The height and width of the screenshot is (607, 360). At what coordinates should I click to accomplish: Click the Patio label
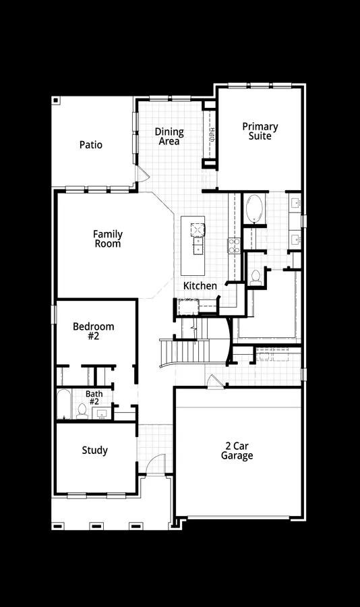[91, 144]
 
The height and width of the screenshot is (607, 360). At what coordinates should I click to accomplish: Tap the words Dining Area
[169, 136]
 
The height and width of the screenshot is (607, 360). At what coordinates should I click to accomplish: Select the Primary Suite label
[260, 131]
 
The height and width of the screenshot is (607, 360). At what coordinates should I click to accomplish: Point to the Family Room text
[108, 239]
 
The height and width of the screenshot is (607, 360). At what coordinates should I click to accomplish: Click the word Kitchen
[201, 286]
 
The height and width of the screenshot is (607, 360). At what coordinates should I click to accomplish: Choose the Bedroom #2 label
[94, 330]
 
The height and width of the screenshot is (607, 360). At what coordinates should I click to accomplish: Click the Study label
[94, 451]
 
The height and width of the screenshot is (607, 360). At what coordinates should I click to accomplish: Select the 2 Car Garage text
[237, 451]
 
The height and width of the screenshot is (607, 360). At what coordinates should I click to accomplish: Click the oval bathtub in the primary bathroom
[254, 209]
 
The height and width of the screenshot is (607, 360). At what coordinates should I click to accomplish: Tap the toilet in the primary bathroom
[256, 277]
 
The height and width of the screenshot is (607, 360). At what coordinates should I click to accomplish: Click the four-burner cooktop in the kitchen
[235, 245]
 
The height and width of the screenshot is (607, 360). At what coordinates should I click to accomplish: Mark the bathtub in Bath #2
[63, 405]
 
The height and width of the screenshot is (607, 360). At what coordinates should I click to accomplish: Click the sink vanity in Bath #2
[101, 413]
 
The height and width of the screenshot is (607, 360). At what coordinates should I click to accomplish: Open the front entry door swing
[156, 465]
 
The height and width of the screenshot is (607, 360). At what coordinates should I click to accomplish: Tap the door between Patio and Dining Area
[142, 173]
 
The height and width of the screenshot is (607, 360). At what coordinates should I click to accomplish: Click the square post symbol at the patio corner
[56, 100]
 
